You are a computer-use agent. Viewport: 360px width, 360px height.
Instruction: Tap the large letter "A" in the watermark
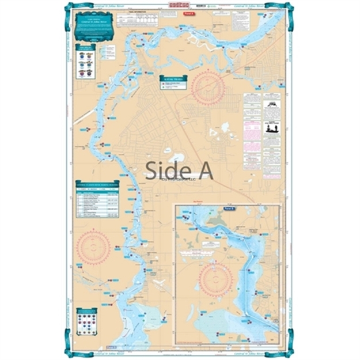point(203,169)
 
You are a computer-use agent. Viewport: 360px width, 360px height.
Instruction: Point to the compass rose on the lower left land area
point(93,247)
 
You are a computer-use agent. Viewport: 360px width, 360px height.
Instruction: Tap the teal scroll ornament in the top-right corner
point(290,8)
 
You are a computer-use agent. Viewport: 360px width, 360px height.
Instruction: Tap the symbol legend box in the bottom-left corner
point(86,317)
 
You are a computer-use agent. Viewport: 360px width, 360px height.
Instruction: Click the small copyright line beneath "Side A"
point(179,180)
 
